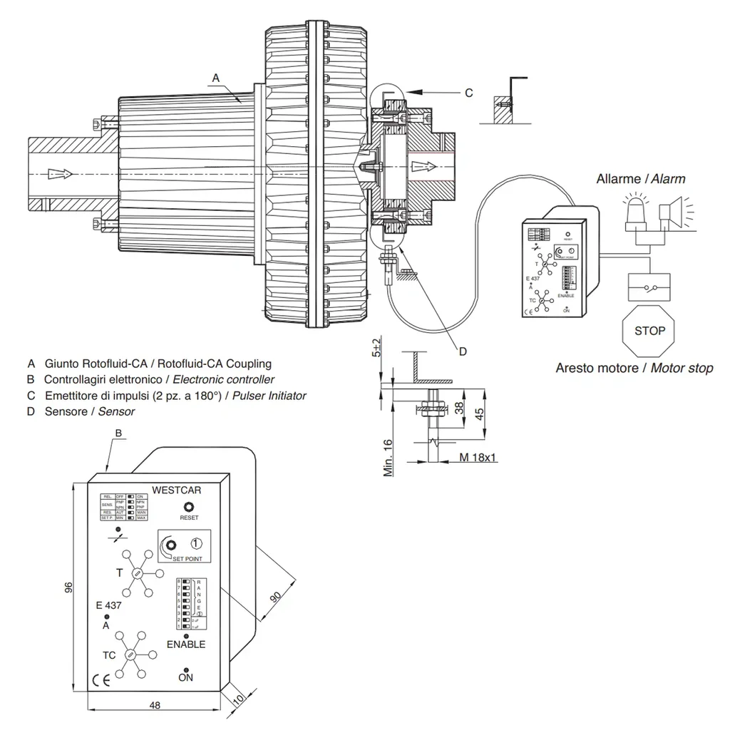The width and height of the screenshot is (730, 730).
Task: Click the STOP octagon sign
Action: pyautogui.click(x=649, y=331)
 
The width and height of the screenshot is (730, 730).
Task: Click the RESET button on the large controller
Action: pyautogui.click(x=189, y=506)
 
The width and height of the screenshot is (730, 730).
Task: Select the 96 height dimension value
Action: pyautogui.click(x=68, y=587)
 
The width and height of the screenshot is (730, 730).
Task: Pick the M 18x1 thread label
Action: pyautogui.click(x=478, y=456)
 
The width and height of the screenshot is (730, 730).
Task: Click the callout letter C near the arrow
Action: pyautogui.click(x=468, y=93)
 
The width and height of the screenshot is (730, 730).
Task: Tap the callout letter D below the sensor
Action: pyautogui.click(x=462, y=351)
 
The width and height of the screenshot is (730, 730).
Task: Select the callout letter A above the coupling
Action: pyautogui.click(x=216, y=76)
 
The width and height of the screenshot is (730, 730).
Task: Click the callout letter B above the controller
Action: pyautogui.click(x=119, y=433)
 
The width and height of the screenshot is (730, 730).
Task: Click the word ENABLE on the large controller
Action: pyautogui.click(x=186, y=644)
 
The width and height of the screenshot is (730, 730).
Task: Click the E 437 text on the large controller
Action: pyautogui.click(x=108, y=605)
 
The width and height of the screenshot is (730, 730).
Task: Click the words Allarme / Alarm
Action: pyautogui.click(x=641, y=178)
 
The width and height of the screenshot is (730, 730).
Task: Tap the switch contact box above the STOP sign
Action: pyautogui.click(x=649, y=287)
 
